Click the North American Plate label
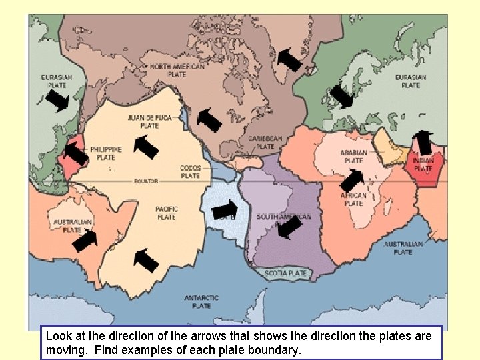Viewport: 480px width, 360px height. point(177,71)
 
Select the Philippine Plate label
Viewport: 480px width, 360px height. point(106,153)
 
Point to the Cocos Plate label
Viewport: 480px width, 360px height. point(190,172)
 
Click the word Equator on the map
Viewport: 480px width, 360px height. point(145,181)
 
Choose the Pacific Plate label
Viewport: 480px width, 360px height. point(166,213)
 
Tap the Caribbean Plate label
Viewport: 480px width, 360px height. point(265,143)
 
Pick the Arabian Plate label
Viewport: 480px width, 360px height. point(353,157)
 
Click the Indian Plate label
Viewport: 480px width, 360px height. point(423,165)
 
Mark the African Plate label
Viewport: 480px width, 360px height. point(353,199)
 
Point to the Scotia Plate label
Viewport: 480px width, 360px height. point(286,273)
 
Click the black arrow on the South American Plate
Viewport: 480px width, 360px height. point(289,227)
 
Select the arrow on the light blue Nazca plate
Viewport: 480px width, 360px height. point(225,210)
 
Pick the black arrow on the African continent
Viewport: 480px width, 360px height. point(351,179)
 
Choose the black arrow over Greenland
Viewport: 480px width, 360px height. point(289,60)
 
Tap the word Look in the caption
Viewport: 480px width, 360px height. point(59,335)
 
